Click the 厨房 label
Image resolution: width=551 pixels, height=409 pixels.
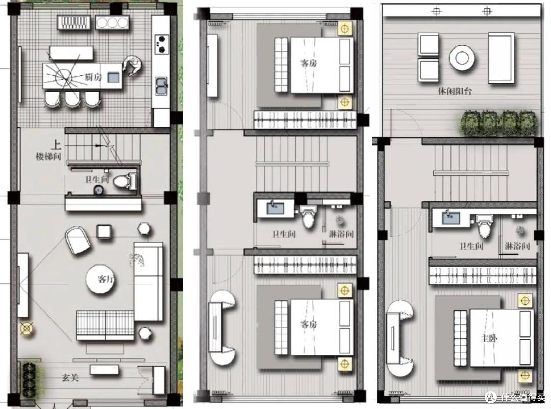(93, 76)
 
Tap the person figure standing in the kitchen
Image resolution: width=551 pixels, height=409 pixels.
(132, 65)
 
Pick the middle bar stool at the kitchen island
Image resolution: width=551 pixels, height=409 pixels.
(72, 99)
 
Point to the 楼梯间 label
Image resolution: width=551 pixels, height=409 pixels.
(48, 156)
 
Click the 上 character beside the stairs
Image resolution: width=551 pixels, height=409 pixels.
(56, 145)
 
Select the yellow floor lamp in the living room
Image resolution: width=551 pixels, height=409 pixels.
(27, 328)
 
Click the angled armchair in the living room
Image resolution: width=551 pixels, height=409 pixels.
(78, 239)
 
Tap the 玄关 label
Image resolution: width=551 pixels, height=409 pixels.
(70, 378)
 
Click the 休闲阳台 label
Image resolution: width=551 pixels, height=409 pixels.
(455, 91)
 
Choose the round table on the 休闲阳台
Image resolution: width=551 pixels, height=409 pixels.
(462, 58)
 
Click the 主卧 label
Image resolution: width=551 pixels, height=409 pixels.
(489, 338)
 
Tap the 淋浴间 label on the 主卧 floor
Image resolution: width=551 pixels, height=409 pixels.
(517, 246)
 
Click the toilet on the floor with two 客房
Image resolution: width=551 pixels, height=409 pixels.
(309, 216)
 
